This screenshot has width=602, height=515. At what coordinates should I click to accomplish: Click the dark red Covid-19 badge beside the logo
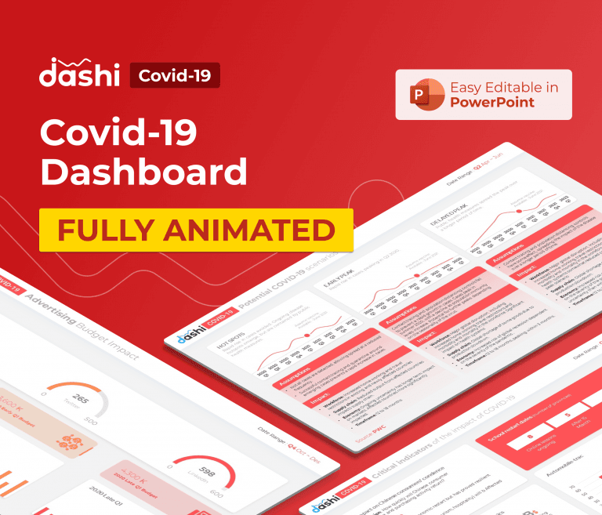(174, 75)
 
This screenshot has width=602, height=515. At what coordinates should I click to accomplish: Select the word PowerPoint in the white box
(492, 103)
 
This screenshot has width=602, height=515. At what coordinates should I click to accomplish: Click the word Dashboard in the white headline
(143, 172)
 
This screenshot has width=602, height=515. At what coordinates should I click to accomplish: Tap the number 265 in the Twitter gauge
(78, 400)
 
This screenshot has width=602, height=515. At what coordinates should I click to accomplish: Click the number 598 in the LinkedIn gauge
(207, 472)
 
